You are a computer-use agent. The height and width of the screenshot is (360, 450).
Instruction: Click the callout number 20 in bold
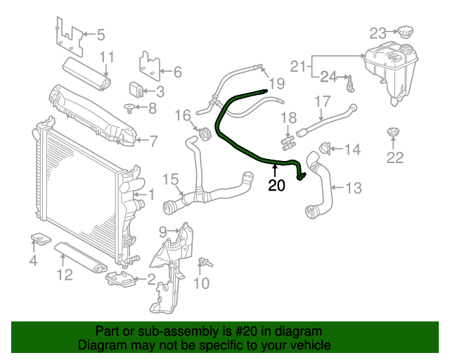276,186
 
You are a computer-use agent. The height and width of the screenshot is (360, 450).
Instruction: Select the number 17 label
321,102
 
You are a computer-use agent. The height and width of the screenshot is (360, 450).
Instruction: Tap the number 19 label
276,84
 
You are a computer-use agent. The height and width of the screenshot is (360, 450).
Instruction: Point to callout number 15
171,179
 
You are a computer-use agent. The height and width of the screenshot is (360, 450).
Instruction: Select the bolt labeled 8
130,108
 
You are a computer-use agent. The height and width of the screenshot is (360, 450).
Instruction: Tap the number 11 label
106,57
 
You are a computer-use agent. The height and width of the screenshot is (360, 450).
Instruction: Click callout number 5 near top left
100,34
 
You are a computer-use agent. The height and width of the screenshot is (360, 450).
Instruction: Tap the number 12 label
65,274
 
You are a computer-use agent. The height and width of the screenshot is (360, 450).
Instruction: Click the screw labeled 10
204,263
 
